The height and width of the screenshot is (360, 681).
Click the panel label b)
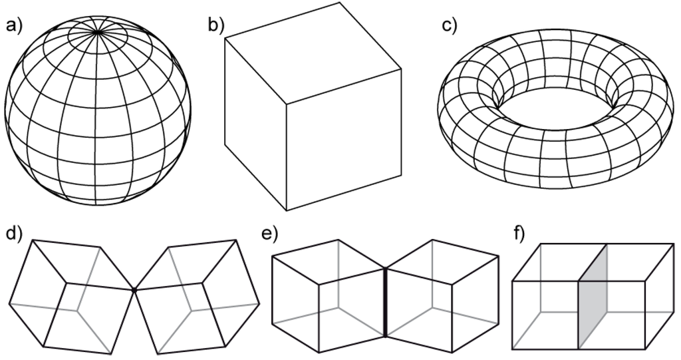(216, 26)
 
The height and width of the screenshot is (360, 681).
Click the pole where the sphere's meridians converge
(98, 31)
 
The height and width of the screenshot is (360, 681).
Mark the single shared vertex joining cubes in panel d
(134, 289)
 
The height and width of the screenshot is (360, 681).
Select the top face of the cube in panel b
(313, 53)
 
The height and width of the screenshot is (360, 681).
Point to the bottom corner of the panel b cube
(287, 211)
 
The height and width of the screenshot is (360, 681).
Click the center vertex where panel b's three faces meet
(287, 104)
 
